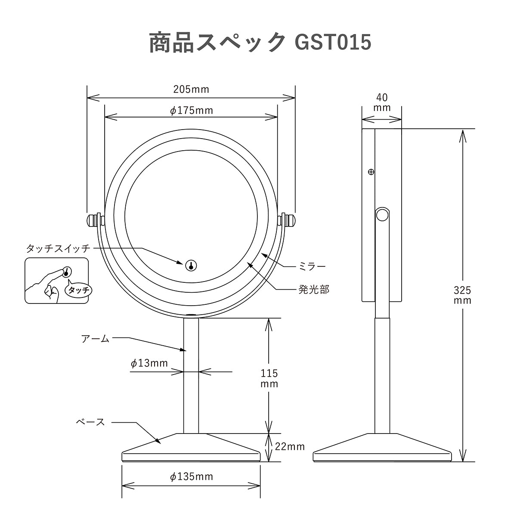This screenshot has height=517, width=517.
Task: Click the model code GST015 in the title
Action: [333, 42]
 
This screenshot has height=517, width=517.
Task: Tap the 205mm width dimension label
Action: [191, 90]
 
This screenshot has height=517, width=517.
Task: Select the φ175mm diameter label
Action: [192, 110]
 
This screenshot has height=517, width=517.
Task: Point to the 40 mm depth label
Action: [382, 102]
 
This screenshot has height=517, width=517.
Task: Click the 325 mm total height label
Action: [462, 295]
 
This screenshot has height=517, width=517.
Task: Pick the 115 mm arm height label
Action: [269, 378]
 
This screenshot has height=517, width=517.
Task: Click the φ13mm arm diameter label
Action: [149, 363]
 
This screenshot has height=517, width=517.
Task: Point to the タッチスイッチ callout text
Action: [58, 249]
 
